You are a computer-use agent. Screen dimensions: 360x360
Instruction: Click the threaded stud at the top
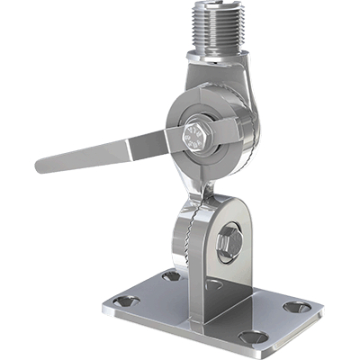coord(217,28)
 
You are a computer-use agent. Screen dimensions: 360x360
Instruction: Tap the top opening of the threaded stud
coord(217,4)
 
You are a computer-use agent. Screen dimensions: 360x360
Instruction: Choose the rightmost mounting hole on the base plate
coord(296,307)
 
